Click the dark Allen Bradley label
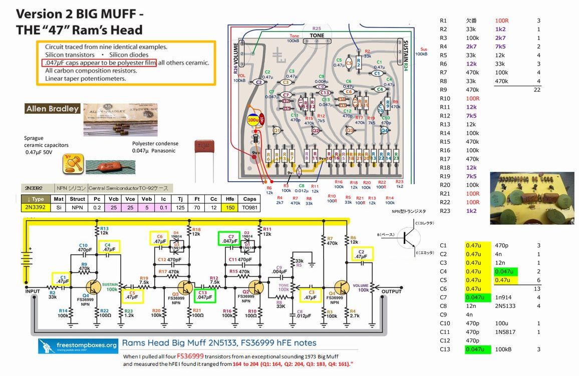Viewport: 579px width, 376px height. [x=53, y=109]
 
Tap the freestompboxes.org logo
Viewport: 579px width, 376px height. [x=78, y=345]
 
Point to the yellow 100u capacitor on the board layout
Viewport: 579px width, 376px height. [x=253, y=121]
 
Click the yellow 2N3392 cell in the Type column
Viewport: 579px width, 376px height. [x=36, y=207]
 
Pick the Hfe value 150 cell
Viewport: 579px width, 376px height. [x=230, y=207]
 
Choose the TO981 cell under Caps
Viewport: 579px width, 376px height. [x=249, y=207]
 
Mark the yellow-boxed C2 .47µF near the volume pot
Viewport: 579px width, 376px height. [x=362, y=254]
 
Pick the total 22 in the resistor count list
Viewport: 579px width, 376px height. [x=537, y=90]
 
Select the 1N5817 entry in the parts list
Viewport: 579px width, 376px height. [x=505, y=332]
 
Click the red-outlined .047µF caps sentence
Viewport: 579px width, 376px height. [x=99, y=63]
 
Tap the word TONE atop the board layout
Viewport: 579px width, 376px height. [x=317, y=36]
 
